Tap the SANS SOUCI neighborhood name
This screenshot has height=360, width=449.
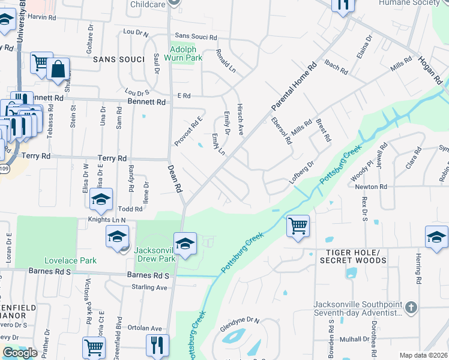(x=119, y=59)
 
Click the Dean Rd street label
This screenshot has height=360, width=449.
(x=174, y=179)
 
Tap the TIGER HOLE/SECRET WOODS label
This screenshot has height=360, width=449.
(x=353, y=256)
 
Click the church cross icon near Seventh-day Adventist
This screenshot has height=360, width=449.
(x=411, y=308)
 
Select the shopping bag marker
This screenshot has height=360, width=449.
(x=58, y=70)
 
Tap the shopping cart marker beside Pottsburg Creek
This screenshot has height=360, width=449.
(x=298, y=226)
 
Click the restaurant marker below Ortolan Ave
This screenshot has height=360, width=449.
(x=158, y=345)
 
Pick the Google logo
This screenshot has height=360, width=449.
(x=20, y=353)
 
